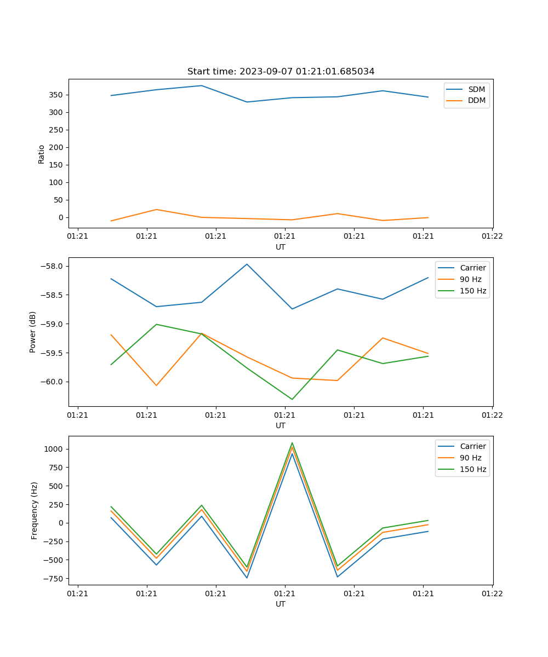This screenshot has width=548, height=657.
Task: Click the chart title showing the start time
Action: (x=281, y=72)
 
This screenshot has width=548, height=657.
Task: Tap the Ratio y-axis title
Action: (x=42, y=154)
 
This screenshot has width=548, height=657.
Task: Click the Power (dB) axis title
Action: (x=33, y=332)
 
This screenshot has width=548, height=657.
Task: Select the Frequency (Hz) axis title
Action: (x=34, y=510)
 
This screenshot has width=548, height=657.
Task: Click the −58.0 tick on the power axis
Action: (x=53, y=267)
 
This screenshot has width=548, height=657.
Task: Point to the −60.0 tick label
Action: (x=53, y=382)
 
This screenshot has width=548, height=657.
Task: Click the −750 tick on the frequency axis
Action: (x=54, y=579)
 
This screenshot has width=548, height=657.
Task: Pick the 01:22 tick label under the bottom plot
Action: (x=492, y=593)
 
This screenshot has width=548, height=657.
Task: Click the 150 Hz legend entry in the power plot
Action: (x=473, y=291)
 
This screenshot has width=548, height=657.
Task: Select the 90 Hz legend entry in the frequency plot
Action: (x=471, y=458)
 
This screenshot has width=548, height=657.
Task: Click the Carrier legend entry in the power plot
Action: (x=472, y=268)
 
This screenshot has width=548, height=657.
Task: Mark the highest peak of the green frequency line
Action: (x=292, y=443)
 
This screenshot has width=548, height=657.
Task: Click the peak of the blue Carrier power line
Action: (x=247, y=264)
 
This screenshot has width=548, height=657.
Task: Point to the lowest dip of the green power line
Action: (x=292, y=399)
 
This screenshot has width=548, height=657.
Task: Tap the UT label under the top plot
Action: (x=281, y=247)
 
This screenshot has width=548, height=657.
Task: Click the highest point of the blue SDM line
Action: (x=202, y=85)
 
